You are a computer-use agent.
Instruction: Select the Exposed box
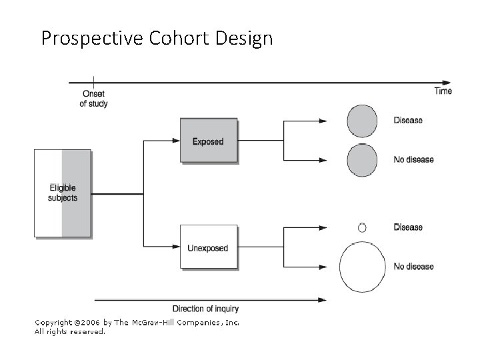tap(208, 141)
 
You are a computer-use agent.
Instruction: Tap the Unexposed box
tap(208, 247)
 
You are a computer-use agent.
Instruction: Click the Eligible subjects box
tap(62, 193)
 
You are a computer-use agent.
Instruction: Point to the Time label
tap(443, 91)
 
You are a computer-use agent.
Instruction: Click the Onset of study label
tap(93, 99)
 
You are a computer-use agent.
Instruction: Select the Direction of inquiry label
tap(205, 309)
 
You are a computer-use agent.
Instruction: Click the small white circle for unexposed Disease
tap(362, 227)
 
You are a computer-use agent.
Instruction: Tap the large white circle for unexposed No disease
tap(363, 267)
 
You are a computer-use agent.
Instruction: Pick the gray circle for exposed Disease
tap(362, 121)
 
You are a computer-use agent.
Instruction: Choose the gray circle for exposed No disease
tap(362, 160)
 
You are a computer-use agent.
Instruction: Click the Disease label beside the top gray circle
tap(408, 121)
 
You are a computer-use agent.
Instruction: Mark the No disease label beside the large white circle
tap(413, 267)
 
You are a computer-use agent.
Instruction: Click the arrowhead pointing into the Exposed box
tap(176, 141)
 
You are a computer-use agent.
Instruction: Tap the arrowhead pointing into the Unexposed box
tap(176, 247)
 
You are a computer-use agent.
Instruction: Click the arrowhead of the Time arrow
tap(448, 82)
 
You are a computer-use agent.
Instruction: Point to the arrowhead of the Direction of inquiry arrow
tap(323, 299)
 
